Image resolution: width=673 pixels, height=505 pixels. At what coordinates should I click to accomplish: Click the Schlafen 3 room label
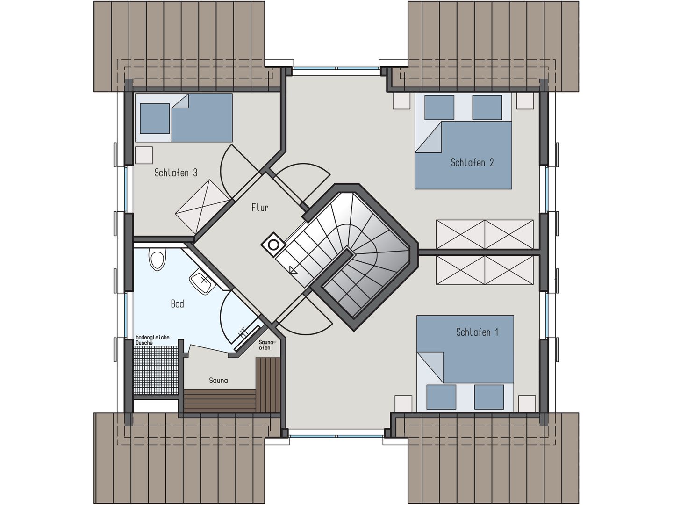click(176, 173)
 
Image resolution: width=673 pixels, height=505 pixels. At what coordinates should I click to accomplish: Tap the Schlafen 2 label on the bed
click(472, 163)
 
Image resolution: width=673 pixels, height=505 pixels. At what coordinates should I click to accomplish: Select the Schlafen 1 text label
click(477, 332)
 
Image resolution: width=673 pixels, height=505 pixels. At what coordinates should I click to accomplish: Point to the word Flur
click(260, 207)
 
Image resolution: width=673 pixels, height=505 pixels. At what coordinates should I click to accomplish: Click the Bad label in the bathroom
click(177, 304)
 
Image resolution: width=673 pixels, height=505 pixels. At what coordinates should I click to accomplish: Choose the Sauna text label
click(218, 381)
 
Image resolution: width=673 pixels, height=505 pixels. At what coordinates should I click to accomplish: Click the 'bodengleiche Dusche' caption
click(152, 340)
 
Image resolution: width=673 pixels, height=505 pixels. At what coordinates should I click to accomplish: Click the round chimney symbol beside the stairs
click(273, 245)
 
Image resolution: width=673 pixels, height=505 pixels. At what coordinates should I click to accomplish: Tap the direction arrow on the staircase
click(294, 269)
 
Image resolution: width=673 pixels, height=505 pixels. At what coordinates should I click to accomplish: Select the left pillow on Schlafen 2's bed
click(439, 108)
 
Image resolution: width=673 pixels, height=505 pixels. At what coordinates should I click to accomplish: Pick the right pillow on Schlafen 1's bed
click(489, 397)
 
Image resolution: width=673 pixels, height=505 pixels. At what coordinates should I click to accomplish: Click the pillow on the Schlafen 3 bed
click(155, 118)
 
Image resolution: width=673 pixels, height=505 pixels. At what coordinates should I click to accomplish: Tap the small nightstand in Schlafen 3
click(144, 155)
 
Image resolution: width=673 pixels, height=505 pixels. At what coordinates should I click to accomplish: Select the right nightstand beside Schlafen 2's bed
click(525, 101)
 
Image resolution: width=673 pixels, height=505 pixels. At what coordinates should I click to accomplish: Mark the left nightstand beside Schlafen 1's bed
click(403, 403)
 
